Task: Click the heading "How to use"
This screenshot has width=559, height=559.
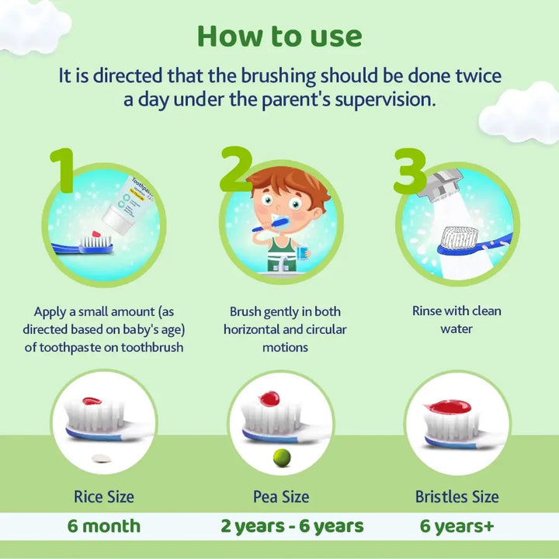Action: pos(279,36)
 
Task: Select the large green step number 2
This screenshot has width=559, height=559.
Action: pos(236,169)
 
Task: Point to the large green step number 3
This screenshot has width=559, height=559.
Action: pos(410,171)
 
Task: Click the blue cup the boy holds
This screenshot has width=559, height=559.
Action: pos(302,252)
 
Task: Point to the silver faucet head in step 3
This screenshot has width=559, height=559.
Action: pos(440,184)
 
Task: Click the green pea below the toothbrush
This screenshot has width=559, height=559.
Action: pos(282,458)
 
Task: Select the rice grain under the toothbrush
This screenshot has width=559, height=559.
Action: pos(102,459)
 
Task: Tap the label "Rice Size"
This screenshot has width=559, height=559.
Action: pos(104,497)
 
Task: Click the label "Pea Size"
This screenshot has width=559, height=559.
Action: pos(281,497)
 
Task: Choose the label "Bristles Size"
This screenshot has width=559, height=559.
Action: pos(457,497)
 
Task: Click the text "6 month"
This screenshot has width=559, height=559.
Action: pos(104,526)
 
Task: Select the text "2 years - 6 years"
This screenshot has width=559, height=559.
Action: pos(293,526)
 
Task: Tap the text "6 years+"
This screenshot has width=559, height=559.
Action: pos(457,526)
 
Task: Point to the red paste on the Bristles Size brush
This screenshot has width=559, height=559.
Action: pos(450,407)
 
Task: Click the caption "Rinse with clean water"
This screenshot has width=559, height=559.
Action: pos(457,320)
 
